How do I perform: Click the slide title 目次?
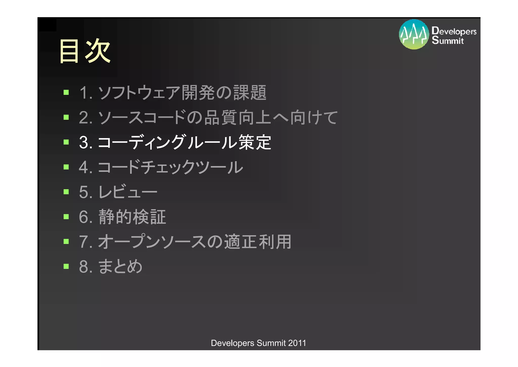coord(84,51)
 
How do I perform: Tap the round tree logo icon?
coord(414,34)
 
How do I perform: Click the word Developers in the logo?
coord(454,31)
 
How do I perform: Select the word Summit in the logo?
coord(448,40)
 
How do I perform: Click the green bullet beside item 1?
coord(66,92)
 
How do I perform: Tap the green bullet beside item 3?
coord(66,142)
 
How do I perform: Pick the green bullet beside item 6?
coord(66,217)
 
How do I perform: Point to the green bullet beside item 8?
coord(66,266)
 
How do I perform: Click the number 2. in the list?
coord(85,118)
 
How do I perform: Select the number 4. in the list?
coord(85,167)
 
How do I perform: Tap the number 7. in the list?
coord(85,242)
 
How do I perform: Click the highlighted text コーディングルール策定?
coord(184,142)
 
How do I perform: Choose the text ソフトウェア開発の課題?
coord(182,93)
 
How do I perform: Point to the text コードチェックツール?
coord(170,167)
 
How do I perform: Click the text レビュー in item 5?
coord(128,192)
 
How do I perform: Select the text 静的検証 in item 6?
coord(132,217)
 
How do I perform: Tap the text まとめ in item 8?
coord(120,266)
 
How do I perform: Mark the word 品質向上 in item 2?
coord(238,118)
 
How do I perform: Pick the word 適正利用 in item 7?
coord(258,242)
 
